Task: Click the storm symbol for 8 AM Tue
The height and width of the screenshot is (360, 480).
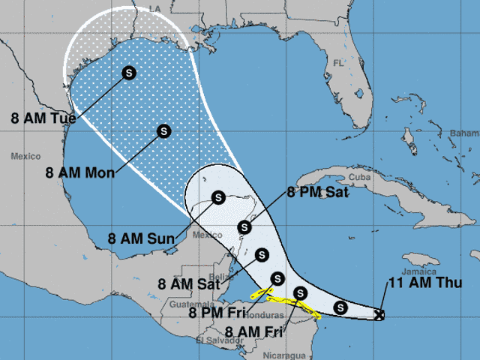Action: click(129, 73)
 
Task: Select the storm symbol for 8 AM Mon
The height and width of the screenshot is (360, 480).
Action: click(164, 131)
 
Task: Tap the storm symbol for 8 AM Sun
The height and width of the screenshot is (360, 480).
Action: click(217, 198)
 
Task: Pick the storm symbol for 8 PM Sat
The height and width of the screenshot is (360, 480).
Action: click(243, 227)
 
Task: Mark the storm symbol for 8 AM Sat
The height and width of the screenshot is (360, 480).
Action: click(262, 254)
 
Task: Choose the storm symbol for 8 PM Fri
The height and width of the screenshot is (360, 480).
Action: click(277, 279)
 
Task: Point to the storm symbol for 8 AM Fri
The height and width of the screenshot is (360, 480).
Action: click(300, 292)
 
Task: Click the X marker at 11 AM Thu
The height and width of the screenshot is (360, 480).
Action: click(379, 316)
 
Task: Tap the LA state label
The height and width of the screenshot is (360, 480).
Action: click(155, 8)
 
